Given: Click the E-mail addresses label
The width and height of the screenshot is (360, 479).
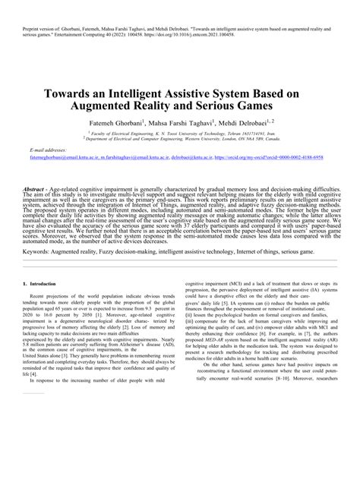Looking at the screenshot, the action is pyautogui.click(x=47, y=172).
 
